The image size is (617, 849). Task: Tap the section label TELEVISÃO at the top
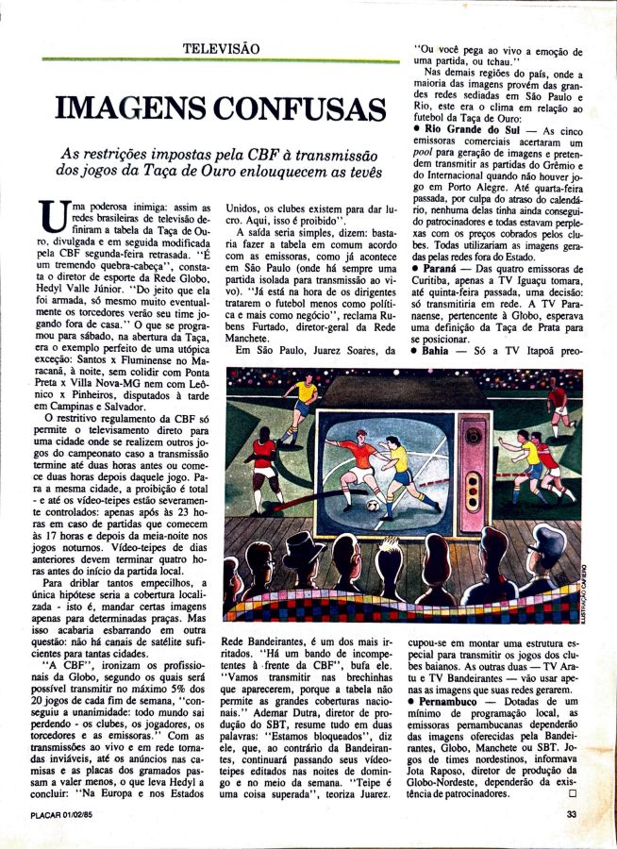click(x=221, y=46)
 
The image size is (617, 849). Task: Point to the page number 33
click(x=573, y=816)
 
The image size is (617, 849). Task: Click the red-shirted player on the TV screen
click(x=354, y=462)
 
